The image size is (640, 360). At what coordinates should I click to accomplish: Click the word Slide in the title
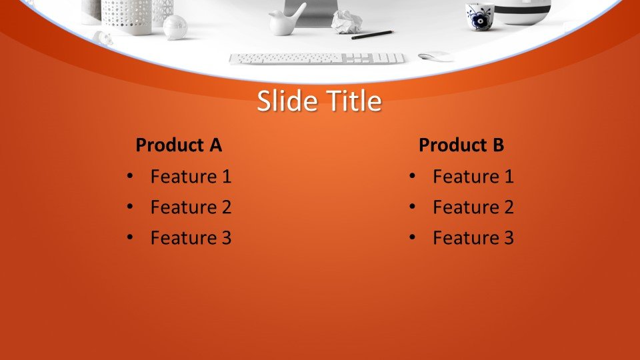pos(288,101)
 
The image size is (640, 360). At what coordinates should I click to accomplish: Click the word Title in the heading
pos(354,101)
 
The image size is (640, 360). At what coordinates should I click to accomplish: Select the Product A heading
pos(179,145)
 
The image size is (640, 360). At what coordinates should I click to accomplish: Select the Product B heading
pos(461,145)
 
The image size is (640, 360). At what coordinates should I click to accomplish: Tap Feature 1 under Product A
pos(191,176)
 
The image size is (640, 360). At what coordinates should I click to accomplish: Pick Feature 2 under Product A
pos(191,207)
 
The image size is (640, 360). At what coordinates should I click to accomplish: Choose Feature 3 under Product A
pos(191,237)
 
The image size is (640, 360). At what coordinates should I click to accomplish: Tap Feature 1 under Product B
pos(473,176)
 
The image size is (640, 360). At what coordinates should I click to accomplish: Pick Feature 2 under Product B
pos(473,207)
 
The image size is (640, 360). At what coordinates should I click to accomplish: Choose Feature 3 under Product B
pos(473,237)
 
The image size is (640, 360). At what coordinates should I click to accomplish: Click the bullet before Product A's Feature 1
pos(130,176)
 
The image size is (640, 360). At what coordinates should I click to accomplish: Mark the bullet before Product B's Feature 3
pos(412,237)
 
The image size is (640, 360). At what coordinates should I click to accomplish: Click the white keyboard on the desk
pos(317,59)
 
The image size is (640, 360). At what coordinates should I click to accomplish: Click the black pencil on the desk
pos(372,35)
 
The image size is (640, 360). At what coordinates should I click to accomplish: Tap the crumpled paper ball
pos(347,22)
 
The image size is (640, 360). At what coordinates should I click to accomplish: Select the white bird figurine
pos(286,21)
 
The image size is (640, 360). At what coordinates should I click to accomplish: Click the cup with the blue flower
pos(479,16)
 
